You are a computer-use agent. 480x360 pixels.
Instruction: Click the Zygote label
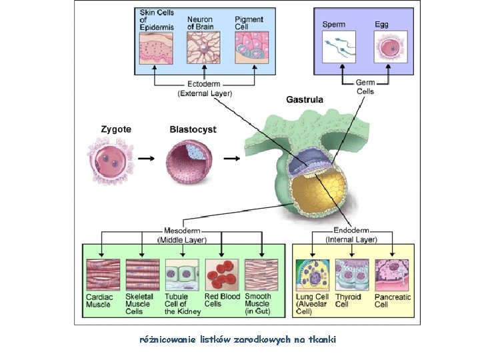pos(115,129)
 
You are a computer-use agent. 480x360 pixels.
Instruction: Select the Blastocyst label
pos(193,129)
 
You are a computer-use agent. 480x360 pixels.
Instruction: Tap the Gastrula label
pos(305,100)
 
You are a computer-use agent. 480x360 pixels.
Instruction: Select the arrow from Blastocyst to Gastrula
pos(232,159)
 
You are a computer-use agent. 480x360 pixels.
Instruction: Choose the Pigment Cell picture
pos(249,48)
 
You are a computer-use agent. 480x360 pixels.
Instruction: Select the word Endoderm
pos(351,231)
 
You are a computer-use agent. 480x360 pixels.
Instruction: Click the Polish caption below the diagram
pos(237,340)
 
